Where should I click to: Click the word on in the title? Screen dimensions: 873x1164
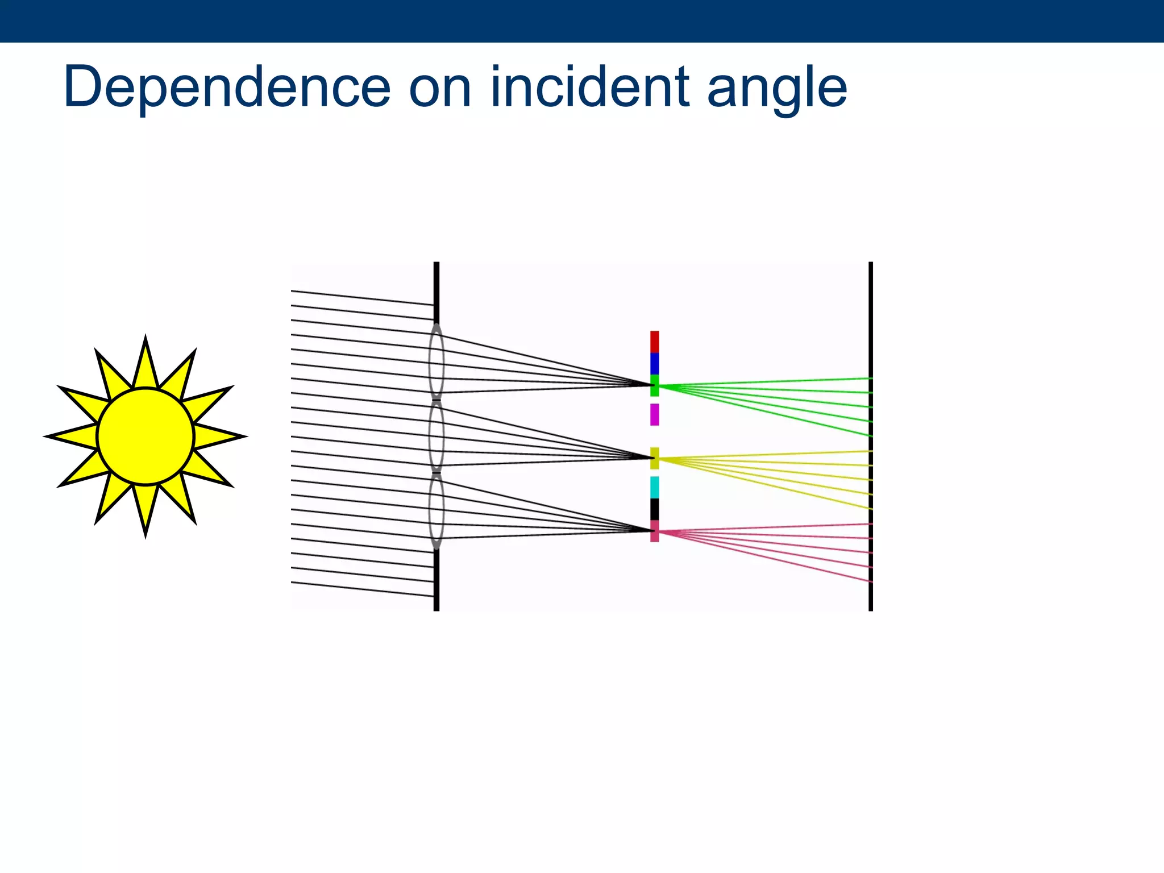pos(440,90)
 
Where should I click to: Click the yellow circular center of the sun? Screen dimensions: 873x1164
pos(145,436)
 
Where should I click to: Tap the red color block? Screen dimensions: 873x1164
pos(655,342)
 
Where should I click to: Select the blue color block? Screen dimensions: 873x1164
pos(655,364)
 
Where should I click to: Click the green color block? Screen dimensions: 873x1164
pos(655,385)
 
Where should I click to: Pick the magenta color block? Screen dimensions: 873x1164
pos(655,414)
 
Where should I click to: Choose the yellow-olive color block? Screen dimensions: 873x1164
pos(655,458)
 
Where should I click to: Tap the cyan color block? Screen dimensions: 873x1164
pos(655,487)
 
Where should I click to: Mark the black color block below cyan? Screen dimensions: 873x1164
pos(655,509)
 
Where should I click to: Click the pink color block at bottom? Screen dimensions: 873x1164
pos(655,531)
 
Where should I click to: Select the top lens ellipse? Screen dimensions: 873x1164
pos(436,361)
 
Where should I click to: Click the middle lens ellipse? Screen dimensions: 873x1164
pos(436,436)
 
